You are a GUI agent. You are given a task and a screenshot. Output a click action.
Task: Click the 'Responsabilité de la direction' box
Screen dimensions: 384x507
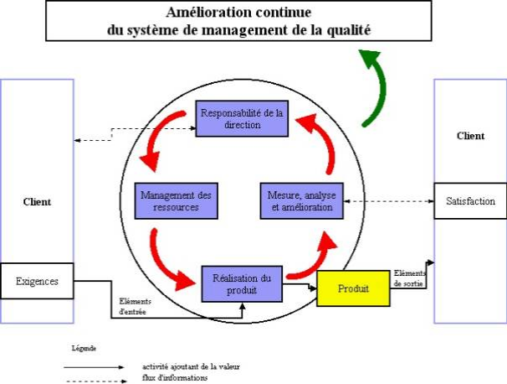tap(243, 118)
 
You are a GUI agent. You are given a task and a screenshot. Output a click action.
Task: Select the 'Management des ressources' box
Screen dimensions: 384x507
tap(176, 200)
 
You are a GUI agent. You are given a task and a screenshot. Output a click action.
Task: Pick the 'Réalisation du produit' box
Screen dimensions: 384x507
tap(241, 284)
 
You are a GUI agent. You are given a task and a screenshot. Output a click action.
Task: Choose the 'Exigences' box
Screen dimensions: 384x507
tap(38, 281)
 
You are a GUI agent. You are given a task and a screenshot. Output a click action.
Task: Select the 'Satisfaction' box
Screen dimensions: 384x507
tap(470, 201)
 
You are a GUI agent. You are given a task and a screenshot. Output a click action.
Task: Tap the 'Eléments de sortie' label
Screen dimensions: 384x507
tap(409, 278)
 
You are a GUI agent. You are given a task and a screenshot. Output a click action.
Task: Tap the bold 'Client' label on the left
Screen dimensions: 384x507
tap(37, 201)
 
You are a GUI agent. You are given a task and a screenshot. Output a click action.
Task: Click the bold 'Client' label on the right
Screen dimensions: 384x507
tap(470, 135)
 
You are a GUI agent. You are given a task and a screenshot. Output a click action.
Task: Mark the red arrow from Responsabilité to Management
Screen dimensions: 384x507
tap(156, 139)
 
